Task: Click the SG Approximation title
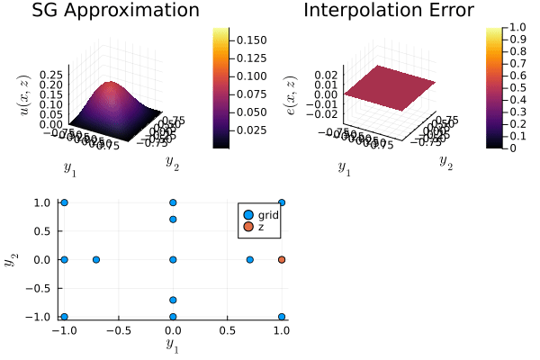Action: (x=115, y=12)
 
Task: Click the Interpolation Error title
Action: (x=388, y=12)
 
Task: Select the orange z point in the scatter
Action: (x=282, y=259)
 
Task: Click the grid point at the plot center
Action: (x=173, y=259)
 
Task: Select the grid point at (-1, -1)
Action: (x=64, y=317)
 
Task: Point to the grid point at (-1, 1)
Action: (x=64, y=202)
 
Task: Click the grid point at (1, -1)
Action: (x=282, y=317)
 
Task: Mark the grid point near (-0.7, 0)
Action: (x=96, y=259)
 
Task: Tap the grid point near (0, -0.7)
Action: (x=173, y=300)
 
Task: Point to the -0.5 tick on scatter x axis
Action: (x=118, y=329)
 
